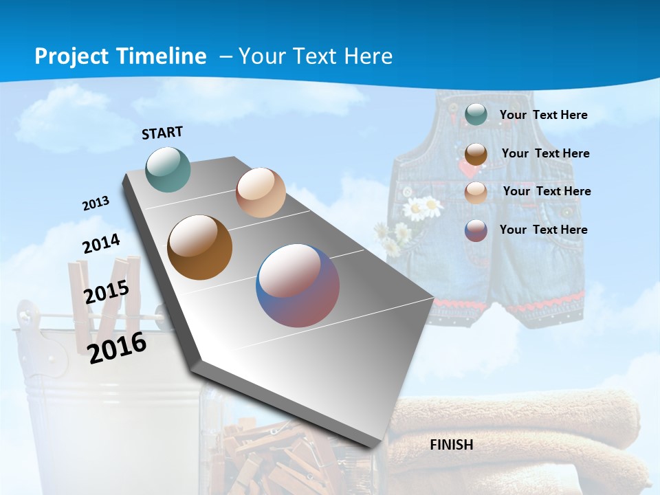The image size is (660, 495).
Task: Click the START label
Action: point(162,133)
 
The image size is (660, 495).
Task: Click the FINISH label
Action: point(452,445)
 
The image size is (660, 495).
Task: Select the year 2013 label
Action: point(96,203)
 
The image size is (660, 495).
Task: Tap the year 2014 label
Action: point(101,243)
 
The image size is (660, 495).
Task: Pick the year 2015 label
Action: point(107,292)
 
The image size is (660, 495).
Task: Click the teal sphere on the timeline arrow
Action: point(168,169)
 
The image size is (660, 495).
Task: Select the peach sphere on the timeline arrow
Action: point(261,192)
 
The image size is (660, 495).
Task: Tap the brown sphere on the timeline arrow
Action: point(200,247)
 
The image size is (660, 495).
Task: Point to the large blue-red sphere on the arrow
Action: point(298,285)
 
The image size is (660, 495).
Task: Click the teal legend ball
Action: point(476,115)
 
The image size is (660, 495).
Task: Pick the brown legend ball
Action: point(476,154)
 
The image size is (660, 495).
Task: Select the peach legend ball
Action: point(476,192)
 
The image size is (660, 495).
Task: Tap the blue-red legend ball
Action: point(476,230)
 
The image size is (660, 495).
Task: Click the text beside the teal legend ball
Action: point(543,115)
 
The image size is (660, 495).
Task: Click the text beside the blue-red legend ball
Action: point(543,230)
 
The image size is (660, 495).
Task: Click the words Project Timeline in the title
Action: point(120,56)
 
